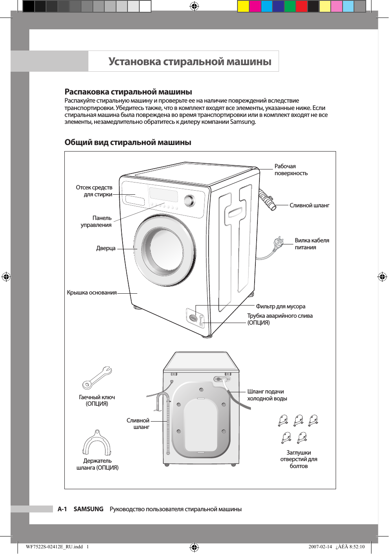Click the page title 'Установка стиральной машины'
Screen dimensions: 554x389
(x=190, y=62)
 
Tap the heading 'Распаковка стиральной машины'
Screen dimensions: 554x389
(x=128, y=92)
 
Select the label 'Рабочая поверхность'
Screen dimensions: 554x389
(x=291, y=170)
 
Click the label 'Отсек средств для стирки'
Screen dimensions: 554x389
(x=94, y=191)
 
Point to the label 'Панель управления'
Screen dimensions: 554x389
(x=97, y=222)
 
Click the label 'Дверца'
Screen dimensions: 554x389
(x=106, y=248)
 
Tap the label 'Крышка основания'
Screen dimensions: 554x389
(x=92, y=293)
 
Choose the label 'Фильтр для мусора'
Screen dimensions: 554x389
(x=281, y=307)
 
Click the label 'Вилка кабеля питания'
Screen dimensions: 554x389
(x=312, y=244)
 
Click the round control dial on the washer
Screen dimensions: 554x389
(x=189, y=200)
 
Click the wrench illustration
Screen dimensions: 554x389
(x=97, y=378)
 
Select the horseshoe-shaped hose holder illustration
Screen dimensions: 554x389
(x=97, y=443)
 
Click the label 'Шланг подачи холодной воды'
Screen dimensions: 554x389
(x=267, y=395)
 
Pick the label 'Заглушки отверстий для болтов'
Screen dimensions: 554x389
(x=299, y=459)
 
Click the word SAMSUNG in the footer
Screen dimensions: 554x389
(x=88, y=509)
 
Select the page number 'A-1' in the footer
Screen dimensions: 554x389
(x=62, y=509)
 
